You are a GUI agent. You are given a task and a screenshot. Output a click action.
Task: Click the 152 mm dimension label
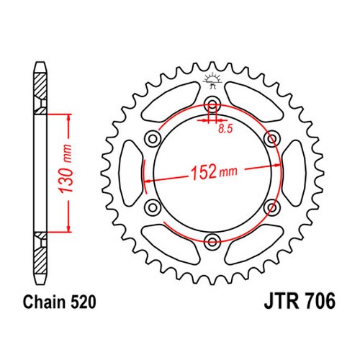(x=213, y=171)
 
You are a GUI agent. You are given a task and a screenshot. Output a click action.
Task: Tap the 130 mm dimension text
(x=66, y=169)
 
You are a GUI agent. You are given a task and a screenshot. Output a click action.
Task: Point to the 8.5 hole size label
(x=225, y=129)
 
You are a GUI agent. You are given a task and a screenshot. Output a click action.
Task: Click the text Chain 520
(x=59, y=302)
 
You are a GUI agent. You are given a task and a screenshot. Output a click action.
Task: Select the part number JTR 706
(x=300, y=302)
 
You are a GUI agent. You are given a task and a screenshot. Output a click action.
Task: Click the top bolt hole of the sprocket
(x=212, y=104)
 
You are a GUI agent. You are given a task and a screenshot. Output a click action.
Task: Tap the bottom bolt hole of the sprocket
(x=212, y=240)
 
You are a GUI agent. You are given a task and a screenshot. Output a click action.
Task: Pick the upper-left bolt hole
(x=153, y=138)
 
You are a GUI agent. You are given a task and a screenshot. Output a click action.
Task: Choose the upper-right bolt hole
(x=271, y=138)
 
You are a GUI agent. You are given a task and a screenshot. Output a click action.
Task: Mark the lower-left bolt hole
(x=153, y=207)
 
